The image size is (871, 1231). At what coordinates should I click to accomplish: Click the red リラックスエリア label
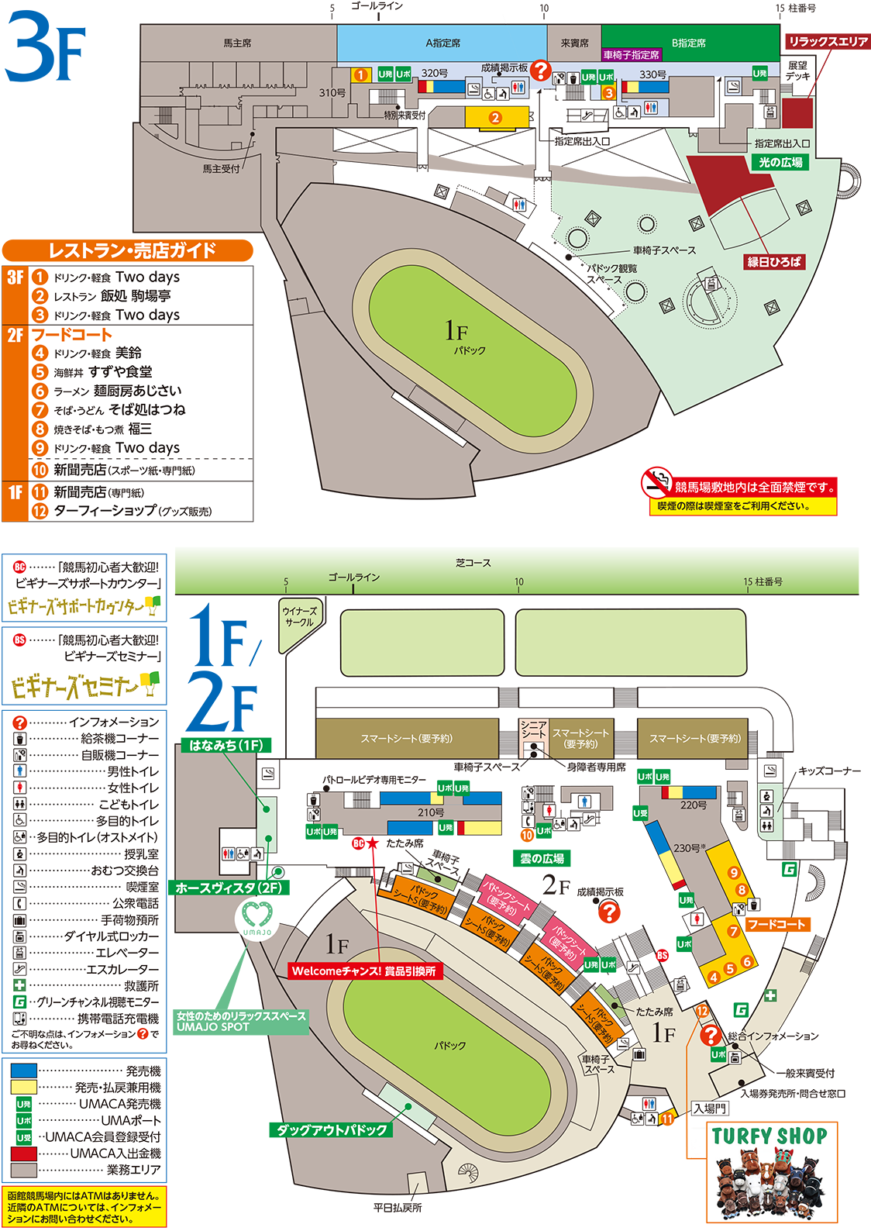click(828, 41)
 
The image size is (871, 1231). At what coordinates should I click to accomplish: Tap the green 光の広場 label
click(780, 162)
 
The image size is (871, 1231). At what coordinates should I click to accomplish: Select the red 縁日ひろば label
click(773, 262)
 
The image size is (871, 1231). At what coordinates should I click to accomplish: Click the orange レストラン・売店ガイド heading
click(128, 250)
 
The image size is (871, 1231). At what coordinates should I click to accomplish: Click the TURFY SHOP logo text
click(769, 1136)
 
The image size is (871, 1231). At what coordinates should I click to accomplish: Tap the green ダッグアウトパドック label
click(332, 1129)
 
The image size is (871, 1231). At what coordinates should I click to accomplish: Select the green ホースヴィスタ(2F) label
click(229, 888)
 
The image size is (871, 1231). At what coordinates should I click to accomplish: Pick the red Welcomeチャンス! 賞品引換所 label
click(363, 971)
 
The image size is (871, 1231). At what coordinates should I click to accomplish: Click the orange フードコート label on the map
click(776, 924)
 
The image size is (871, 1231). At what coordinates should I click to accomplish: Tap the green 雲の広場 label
click(542, 858)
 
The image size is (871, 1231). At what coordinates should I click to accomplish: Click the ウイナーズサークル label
click(299, 617)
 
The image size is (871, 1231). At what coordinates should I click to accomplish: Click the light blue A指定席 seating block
click(442, 43)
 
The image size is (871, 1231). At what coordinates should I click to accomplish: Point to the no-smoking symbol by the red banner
click(656, 482)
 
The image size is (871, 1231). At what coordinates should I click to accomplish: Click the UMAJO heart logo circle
click(256, 918)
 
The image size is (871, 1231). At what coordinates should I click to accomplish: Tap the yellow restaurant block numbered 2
click(496, 118)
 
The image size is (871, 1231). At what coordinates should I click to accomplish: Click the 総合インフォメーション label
click(773, 1036)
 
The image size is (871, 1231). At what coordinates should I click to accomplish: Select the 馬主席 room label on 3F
click(237, 43)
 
